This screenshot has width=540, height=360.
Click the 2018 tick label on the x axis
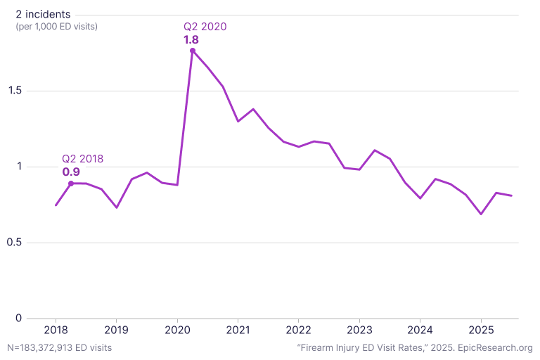click(56, 330)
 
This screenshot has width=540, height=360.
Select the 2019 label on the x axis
click(116, 330)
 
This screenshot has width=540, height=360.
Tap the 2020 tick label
click(177, 330)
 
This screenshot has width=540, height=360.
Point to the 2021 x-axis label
click(238, 330)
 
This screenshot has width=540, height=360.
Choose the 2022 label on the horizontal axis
click(298, 330)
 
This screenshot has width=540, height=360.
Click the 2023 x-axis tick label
click(359, 330)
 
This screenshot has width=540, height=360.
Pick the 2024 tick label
click(420, 330)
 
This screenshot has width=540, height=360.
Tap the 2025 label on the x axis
click(481, 330)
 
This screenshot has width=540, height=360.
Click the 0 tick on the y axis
click(20, 319)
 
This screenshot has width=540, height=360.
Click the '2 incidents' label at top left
click(43, 14)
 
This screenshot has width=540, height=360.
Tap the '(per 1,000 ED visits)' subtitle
click(56, 26)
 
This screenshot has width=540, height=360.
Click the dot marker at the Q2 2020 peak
click(193, 51)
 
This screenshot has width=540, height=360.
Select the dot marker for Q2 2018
click(71, 184)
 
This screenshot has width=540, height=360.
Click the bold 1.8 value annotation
click(191, 40)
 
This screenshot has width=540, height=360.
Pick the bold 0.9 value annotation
click(71, 172)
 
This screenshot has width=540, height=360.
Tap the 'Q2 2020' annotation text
click(205, 27)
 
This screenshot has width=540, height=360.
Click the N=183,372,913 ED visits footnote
click(59, 347)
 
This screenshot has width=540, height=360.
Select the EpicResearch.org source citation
click(415, 347)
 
